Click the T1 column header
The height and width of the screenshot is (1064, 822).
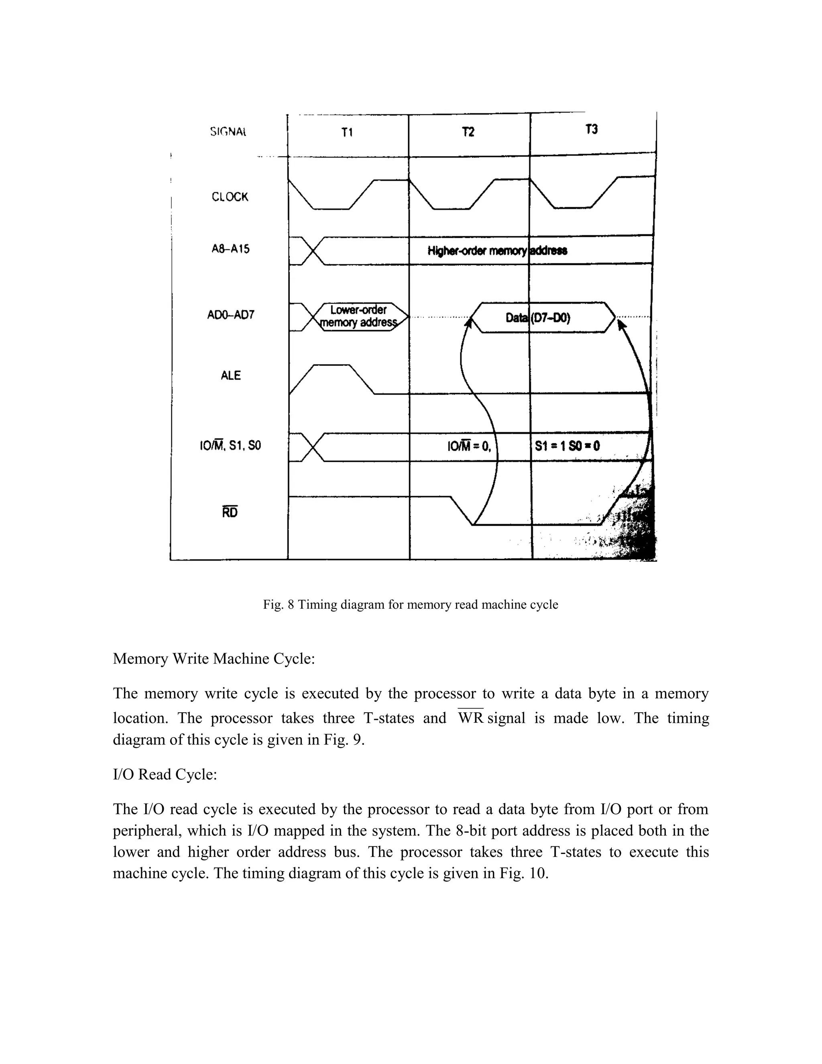tap(347, 132)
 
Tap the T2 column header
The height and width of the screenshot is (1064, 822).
tap(468, 132)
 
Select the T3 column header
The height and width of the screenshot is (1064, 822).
tap(591, 130)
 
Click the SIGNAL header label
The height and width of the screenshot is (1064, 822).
tap(228, 132)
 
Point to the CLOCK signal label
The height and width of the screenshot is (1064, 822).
tap(230, 197)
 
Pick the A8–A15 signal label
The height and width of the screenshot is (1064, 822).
tap(231, 249)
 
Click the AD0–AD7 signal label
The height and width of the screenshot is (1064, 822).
tap(231, 315)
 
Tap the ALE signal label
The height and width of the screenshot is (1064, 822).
tap(231, 375)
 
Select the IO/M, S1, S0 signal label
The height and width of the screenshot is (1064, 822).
tap(230, 445)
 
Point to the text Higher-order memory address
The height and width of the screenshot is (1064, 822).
tap(497, 251)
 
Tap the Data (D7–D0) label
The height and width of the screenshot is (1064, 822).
tap(537, 318)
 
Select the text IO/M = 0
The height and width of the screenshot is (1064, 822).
tap(469, 446)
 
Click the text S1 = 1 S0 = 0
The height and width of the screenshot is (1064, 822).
tap(567, 446)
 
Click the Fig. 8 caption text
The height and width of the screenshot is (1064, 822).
tap(411, 605)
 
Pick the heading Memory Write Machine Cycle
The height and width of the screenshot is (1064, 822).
tap(214, 658)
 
